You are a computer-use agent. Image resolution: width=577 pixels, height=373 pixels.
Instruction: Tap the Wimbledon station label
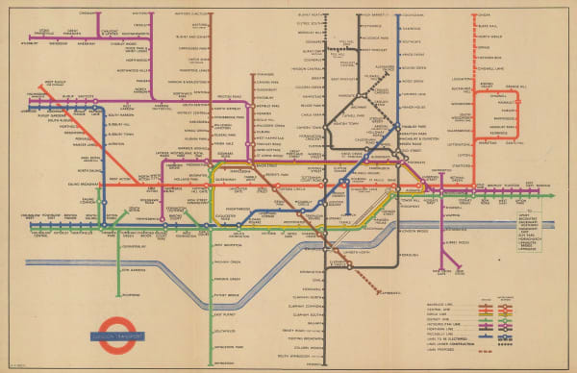click(x=226, y=361)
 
